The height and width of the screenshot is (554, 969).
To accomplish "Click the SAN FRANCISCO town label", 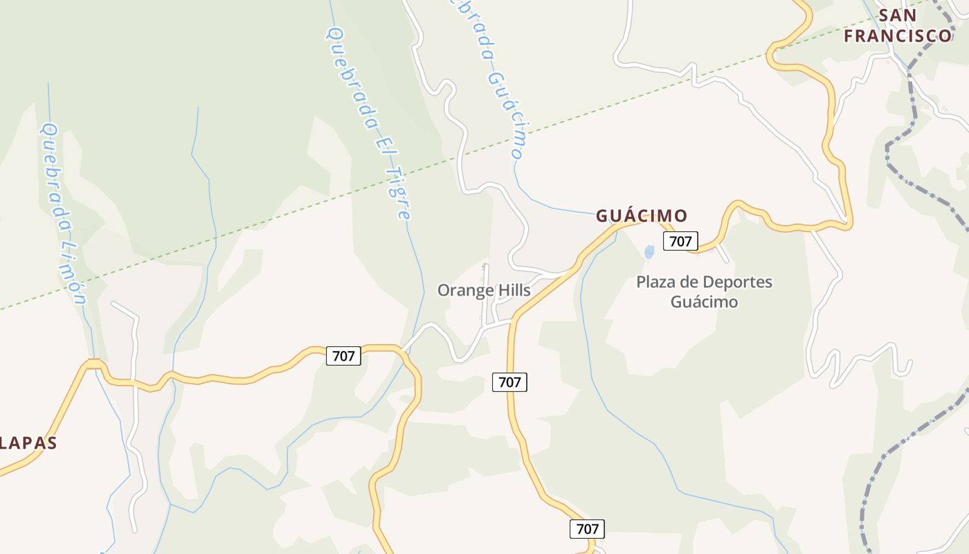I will (898, 26).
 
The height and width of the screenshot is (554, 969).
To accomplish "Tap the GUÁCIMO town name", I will (642, 216).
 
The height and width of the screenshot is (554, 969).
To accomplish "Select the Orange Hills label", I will (484, 290).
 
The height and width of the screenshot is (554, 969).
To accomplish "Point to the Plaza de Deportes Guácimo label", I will (704, 292).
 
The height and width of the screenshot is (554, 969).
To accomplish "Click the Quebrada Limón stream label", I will (63, 213).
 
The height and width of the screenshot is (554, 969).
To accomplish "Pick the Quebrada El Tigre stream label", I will (368, 123).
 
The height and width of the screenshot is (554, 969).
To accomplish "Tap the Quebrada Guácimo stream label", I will (488, 76).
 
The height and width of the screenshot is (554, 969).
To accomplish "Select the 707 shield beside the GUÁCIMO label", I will (680, 241).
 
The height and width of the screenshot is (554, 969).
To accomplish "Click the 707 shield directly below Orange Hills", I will (509, 382).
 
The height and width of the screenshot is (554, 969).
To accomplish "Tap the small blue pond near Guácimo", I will (649, 252).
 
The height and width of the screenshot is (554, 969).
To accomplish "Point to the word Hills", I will (514, 290).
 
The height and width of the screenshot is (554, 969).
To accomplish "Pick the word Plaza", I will (655, 283).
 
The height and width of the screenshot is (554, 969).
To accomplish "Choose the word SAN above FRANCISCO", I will (898, 15).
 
